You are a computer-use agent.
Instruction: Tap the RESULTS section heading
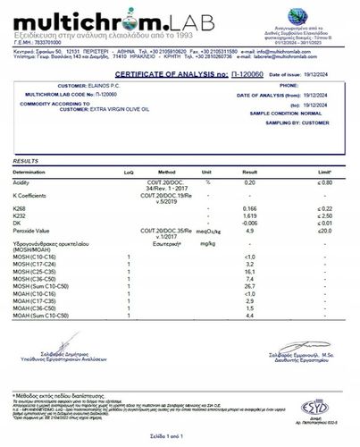[26, 161]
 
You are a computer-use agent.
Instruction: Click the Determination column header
[32, 171]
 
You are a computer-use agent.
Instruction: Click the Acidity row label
[23, 181]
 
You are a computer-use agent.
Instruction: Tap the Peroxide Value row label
[33, 232]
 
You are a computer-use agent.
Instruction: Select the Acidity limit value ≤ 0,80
[327, 181]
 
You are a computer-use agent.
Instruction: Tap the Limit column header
[328, 171]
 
